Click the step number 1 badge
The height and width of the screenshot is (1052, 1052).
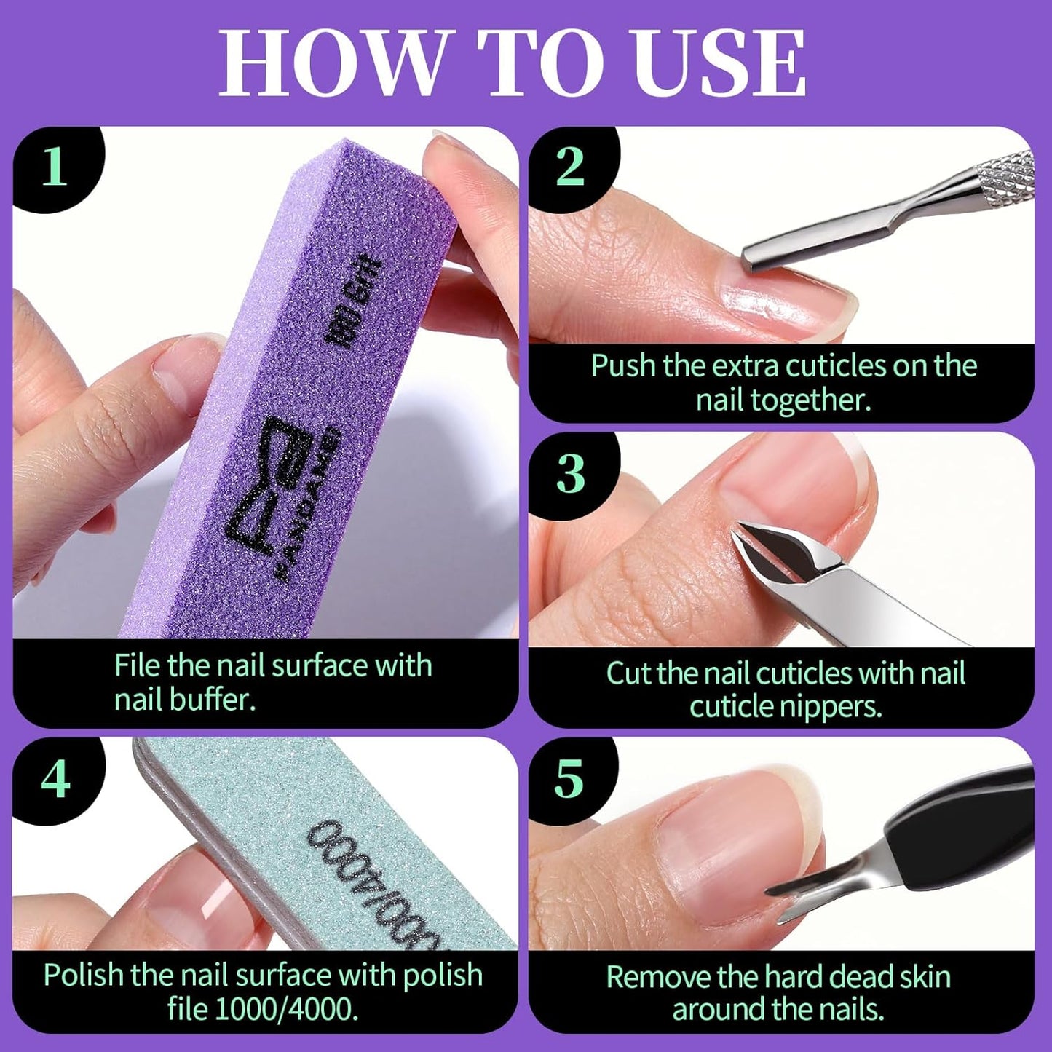[55, 167]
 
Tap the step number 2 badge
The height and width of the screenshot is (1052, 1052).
[569, 167]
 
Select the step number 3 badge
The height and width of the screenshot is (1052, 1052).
[569, 473]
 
